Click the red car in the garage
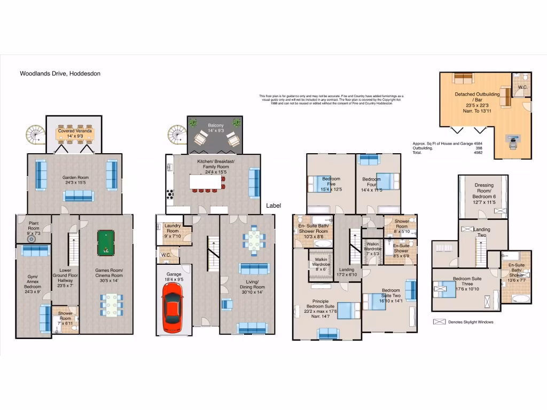point(172,307)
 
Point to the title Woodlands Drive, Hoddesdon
point(60,74)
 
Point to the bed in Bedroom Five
point(317,183)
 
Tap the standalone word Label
point(273,206)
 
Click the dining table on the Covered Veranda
point(75,136)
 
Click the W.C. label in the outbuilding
point(522,86)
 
